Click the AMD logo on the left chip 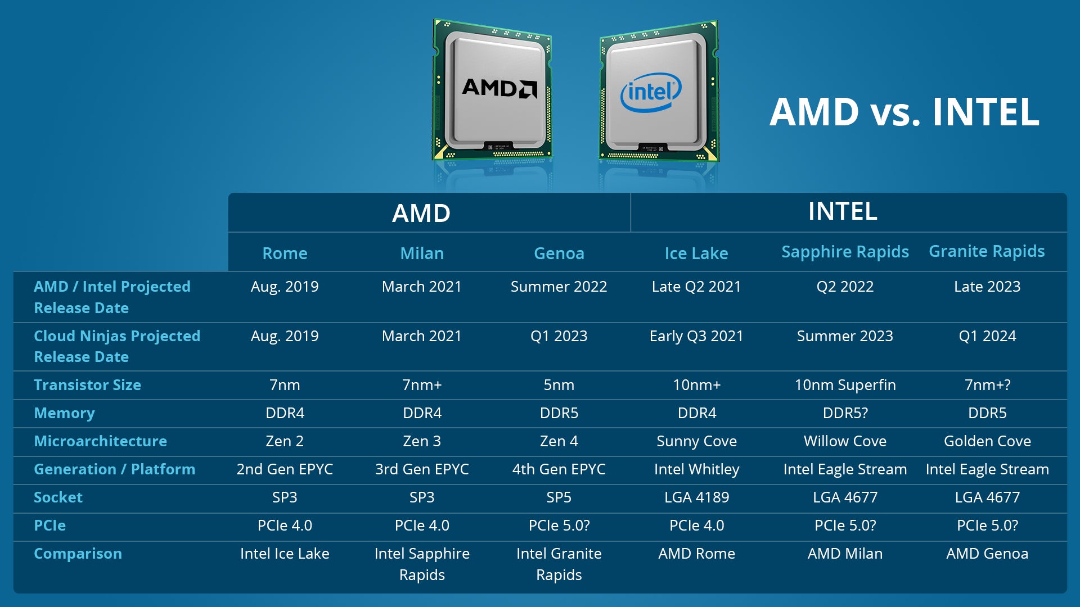click(x=499, y=88)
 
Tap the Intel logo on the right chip click(x=651, y=92)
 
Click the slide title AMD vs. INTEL click(x=904, y=112)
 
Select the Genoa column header click(x=559, y=253)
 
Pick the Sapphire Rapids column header click(x=845, y=252)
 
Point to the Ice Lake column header click(x=696, y=253)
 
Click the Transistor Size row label click(x=87, y=385)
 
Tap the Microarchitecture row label click(x=100, y=441)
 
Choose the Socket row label click(x=58, y=497)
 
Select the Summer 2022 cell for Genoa click(x=559, y=287)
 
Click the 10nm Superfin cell click(x=845, y=385)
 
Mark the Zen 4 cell click(x=559, y=441)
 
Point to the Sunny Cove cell click(x=696, y=441)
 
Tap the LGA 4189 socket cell click(x=696, y=497)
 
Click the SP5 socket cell click(x=559, y=497)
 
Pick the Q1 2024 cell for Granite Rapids click(x=987, y=336)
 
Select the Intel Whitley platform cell click(x=696, y=469)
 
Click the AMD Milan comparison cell click(x=845, y=554)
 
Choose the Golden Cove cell click(x=987, y=441)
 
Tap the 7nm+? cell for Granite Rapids click(x=987, y=385)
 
